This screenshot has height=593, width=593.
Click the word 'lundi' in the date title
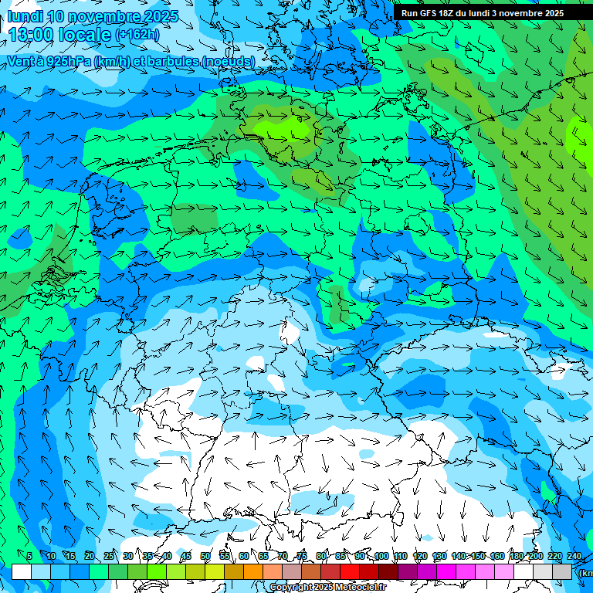(x=25, y=16)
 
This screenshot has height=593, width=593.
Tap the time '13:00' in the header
(x=32, y=35)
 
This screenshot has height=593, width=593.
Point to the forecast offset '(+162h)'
(x=137, y=35)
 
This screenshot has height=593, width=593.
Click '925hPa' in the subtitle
(x=69, y=61)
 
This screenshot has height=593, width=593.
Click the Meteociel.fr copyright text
(x=327, y=588)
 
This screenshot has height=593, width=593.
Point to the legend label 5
(x=29, y=557)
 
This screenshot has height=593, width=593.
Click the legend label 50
(x=205, y=557)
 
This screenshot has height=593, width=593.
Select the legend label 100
(x=381, y=557)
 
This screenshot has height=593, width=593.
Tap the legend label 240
(x=574, y=557)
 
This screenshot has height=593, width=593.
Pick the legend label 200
(x=536, y=557)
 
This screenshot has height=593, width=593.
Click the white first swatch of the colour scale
(x=22, y=571)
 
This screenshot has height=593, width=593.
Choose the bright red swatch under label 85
(x=350, y=571)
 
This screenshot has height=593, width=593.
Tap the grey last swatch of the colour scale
(x=562, y=571)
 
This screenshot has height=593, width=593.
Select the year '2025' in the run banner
(x=550, y=13)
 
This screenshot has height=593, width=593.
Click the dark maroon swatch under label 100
(x=388, y=571)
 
